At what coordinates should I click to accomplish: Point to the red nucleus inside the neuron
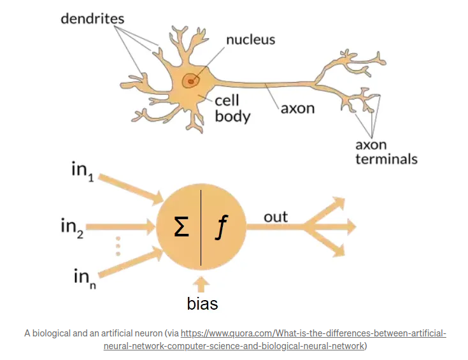190,81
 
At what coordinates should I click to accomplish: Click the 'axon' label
298,108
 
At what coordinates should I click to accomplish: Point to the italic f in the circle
221,228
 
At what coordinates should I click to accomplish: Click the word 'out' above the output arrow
276,217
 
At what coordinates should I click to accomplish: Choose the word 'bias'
202,304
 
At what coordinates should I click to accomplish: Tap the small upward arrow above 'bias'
202,283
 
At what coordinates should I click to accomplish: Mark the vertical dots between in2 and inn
118,246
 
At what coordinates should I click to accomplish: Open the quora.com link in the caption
313,334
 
